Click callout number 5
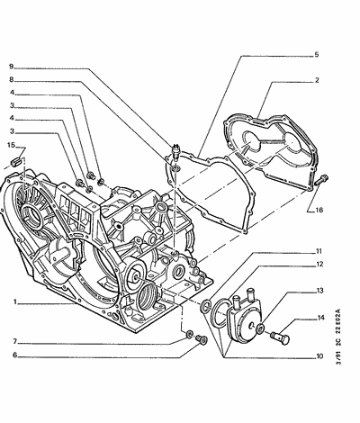point(317,55)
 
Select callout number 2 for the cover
point(317,80)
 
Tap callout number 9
point(11,67)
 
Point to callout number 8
point(12,80)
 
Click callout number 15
point(12,145)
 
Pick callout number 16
point(319,210)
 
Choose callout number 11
point(319,251)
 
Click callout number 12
point(319,265)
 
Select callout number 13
point(319,291)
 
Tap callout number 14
point(320,318)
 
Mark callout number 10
point(319,356)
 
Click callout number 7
point(14,341)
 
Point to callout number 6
point(14,355)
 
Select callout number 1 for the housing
point(14,302)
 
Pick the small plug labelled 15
point(15,161)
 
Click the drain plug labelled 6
point(202,340)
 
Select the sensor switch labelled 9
point(175,151)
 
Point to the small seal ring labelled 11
point(205,305)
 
